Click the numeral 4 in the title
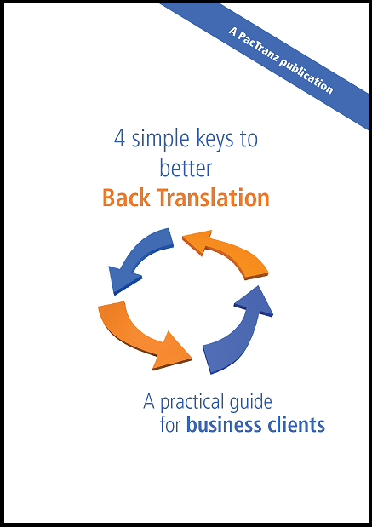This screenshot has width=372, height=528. tap(120, 139)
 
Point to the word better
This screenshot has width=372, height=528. tap(186, 168)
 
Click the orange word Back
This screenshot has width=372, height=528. tap(126, 198)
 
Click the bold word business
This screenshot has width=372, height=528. tap(224, 425)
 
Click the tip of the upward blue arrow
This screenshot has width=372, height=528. tap(258, 286)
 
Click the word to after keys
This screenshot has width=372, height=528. tap(249, 139)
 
